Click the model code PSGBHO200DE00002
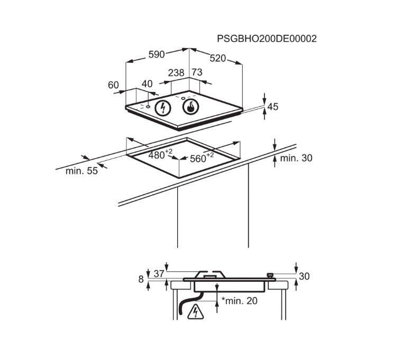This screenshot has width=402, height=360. coord(267,39)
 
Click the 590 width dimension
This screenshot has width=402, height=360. coord(157,54)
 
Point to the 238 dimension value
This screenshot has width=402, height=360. coord(176,72)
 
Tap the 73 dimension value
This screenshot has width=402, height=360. coord(197,72)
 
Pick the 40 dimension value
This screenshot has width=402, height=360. coord(147,84)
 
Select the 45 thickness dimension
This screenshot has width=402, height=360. coord(272,107)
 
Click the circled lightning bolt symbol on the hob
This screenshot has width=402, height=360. coord(163,108)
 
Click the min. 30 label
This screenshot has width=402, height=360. coord(296,158)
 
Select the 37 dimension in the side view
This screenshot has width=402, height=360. coord(159,274)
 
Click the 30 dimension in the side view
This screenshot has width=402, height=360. coord(304,276)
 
